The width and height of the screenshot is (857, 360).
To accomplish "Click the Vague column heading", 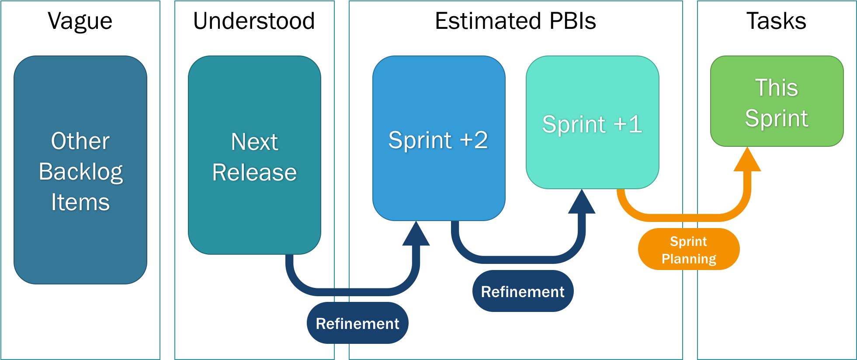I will click(80, 21).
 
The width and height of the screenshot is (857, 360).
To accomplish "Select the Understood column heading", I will click(254, 21).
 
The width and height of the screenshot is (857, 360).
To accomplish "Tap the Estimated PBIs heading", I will click(515, 21).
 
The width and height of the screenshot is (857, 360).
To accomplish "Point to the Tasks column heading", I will click(776, 21).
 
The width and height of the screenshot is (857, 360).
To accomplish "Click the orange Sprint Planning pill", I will click(689, 249).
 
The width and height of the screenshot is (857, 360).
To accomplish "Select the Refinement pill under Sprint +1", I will click(523, 291).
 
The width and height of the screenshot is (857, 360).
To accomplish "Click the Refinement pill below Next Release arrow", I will click(357, 323).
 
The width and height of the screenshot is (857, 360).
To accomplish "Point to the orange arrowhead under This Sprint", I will click(747, 161).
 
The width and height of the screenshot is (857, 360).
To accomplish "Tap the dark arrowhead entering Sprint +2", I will click(416, 235).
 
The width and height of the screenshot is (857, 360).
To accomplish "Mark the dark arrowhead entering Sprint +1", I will click(582, 203).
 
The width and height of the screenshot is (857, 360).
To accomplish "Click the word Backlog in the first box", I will click(80, 172).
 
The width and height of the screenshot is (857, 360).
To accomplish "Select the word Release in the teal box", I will click(254, 172).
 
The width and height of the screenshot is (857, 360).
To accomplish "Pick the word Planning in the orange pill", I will click(689, 259).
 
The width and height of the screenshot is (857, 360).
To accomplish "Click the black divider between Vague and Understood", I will click(167, 180).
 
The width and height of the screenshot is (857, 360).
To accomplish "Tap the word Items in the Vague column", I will click(80, 202).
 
